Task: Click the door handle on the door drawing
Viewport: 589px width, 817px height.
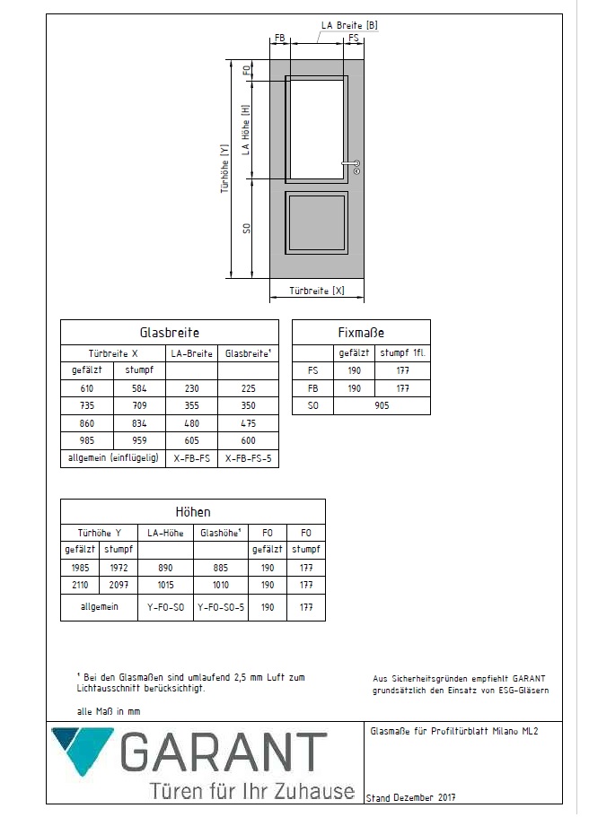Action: point(351,163)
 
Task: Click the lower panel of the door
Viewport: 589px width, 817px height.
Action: point(317,221)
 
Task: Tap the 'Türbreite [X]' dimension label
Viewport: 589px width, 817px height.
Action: point(317,291)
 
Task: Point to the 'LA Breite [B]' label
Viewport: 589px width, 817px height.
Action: point(349,26)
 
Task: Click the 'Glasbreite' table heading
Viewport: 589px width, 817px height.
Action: point(170,332)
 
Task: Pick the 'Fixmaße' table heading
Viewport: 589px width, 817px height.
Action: point(361,332)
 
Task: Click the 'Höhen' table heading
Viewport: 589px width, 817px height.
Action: point(192,511)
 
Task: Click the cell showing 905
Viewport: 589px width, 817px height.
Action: point(381,405)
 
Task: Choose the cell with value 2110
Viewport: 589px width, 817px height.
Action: point(81,584)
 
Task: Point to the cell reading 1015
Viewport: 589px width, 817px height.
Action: point(165,584)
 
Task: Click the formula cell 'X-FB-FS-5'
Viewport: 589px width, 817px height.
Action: point(247,457)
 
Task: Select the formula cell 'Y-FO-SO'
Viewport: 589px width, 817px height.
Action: point(165,606)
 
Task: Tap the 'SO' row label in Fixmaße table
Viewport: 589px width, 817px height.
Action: point(312,405)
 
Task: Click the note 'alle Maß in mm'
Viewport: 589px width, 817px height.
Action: point(109,710)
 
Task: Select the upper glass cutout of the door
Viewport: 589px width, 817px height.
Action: point(317,129)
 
